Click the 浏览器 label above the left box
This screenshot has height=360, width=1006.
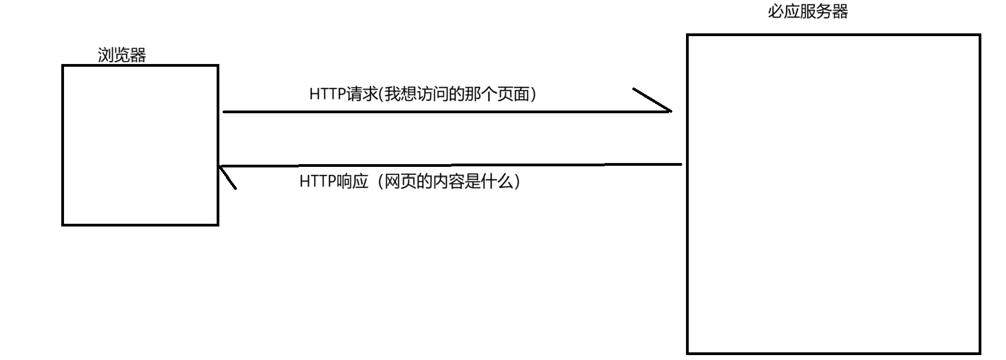click(x=121, y=55)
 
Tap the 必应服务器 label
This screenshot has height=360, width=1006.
click(x=807, y=11)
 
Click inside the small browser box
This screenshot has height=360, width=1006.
click(x=140, y=145)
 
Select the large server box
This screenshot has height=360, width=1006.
click(x=833, y=194)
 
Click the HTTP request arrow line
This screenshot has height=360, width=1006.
click(x=438, y=112)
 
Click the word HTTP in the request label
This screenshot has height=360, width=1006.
click(x=327, y=94)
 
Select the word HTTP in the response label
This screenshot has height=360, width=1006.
click(x=317, y=181)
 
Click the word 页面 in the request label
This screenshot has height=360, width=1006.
click(x=514, y=94)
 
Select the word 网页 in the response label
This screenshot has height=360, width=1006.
click(x=400, y=181)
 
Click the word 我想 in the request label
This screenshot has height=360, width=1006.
click(x=400, y=94)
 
